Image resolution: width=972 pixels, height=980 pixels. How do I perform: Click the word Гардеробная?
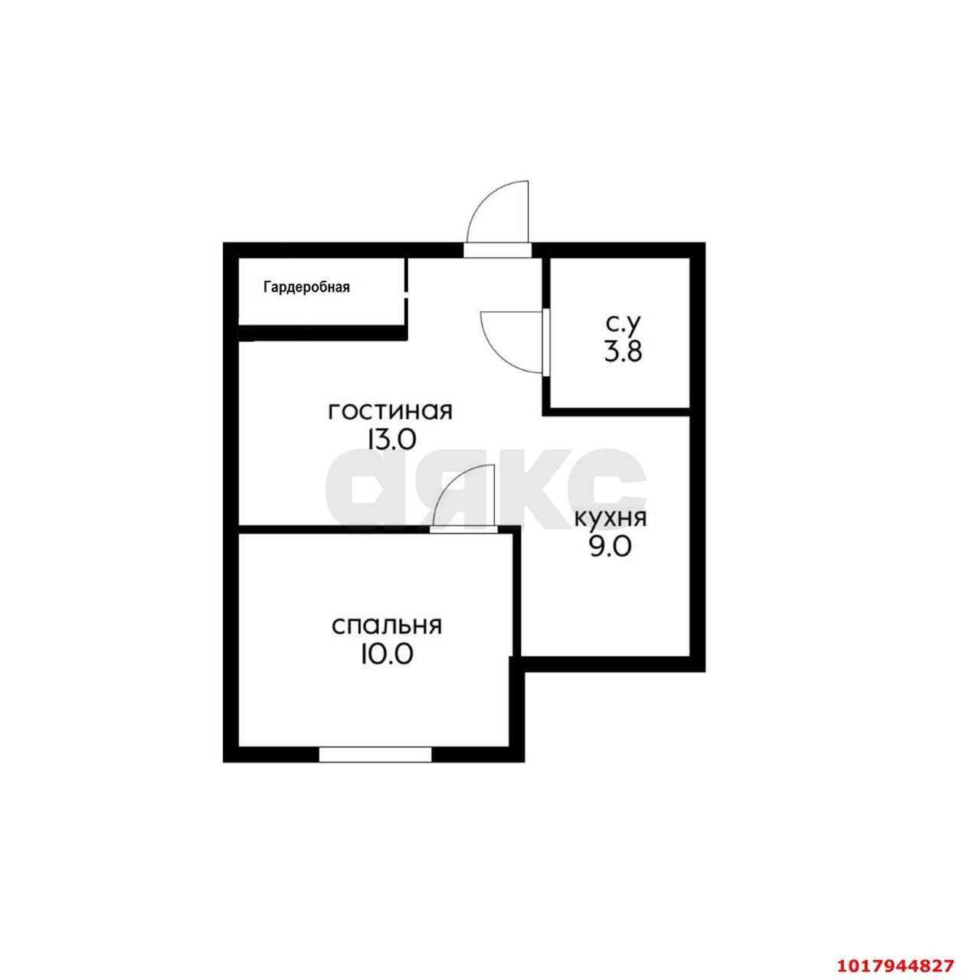coord(306,287)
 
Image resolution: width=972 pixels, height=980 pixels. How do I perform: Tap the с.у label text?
coord(624,323)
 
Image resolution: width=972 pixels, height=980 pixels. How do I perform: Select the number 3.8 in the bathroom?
coord(623,351)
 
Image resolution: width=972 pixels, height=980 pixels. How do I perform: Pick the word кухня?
coord(610,519)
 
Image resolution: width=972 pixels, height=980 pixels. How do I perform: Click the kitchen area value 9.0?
coord(610,547)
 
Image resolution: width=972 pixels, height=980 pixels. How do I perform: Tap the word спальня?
coord(387,626)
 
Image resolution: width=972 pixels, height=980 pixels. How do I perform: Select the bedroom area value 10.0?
coord(387,655)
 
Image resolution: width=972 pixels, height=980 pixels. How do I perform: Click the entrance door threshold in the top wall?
coord(498,250)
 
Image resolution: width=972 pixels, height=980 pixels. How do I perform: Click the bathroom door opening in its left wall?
coord(546,341)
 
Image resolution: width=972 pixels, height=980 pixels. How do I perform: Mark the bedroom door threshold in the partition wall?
coord(463,529)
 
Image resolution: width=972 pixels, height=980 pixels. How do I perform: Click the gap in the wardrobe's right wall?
coord(407,295)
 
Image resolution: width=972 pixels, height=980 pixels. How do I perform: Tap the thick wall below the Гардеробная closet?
coord(322,332)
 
